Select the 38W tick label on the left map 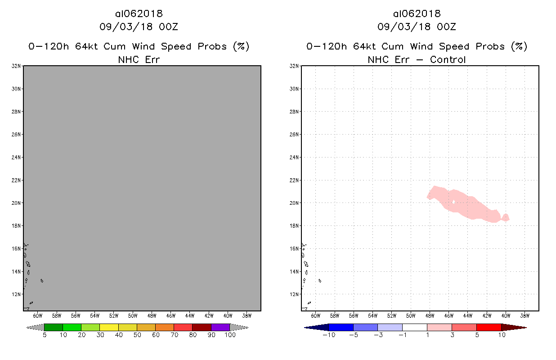247,315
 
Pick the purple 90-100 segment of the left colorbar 220,327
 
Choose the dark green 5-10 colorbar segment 54,327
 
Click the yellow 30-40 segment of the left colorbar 109,327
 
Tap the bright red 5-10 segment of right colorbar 489,327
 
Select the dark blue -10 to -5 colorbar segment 341,327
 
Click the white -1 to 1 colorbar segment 414,327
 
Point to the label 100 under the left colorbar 230,335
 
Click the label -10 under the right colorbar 329,335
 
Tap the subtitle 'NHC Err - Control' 417,59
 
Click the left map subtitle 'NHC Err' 139,59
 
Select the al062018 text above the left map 139,13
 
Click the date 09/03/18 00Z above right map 417,27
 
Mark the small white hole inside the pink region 454,202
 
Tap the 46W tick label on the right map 448,315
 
